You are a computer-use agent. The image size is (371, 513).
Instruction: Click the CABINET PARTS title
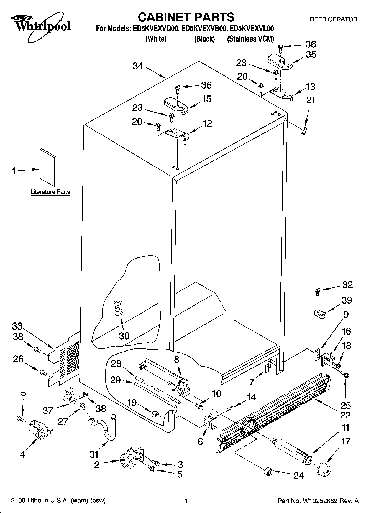pyautogui.click(x=186, y=17)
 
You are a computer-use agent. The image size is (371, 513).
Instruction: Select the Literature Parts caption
pyautogui.click(x=50, y=192)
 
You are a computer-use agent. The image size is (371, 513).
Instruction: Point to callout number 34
pyautogui.click(x=138, y=66)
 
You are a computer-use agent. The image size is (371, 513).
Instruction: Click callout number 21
pyautogui.click(x=311, y=100)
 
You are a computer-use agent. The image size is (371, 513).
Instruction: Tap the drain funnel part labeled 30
pyautogui.click(x=118, y=308)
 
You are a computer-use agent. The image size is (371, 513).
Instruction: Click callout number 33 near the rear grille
pyautogui.click(x=17, y=326)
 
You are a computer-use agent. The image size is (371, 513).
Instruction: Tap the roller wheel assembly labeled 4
pyautogui.click(x=38, y=429)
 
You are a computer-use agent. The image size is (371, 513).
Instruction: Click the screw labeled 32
pyautogui.click(x=318, y=291)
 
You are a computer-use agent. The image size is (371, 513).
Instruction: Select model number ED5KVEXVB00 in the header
pyautogui.click(x=204, y=29)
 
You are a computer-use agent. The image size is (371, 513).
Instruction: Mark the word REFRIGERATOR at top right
pyautogui.click(x=333, y=19)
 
